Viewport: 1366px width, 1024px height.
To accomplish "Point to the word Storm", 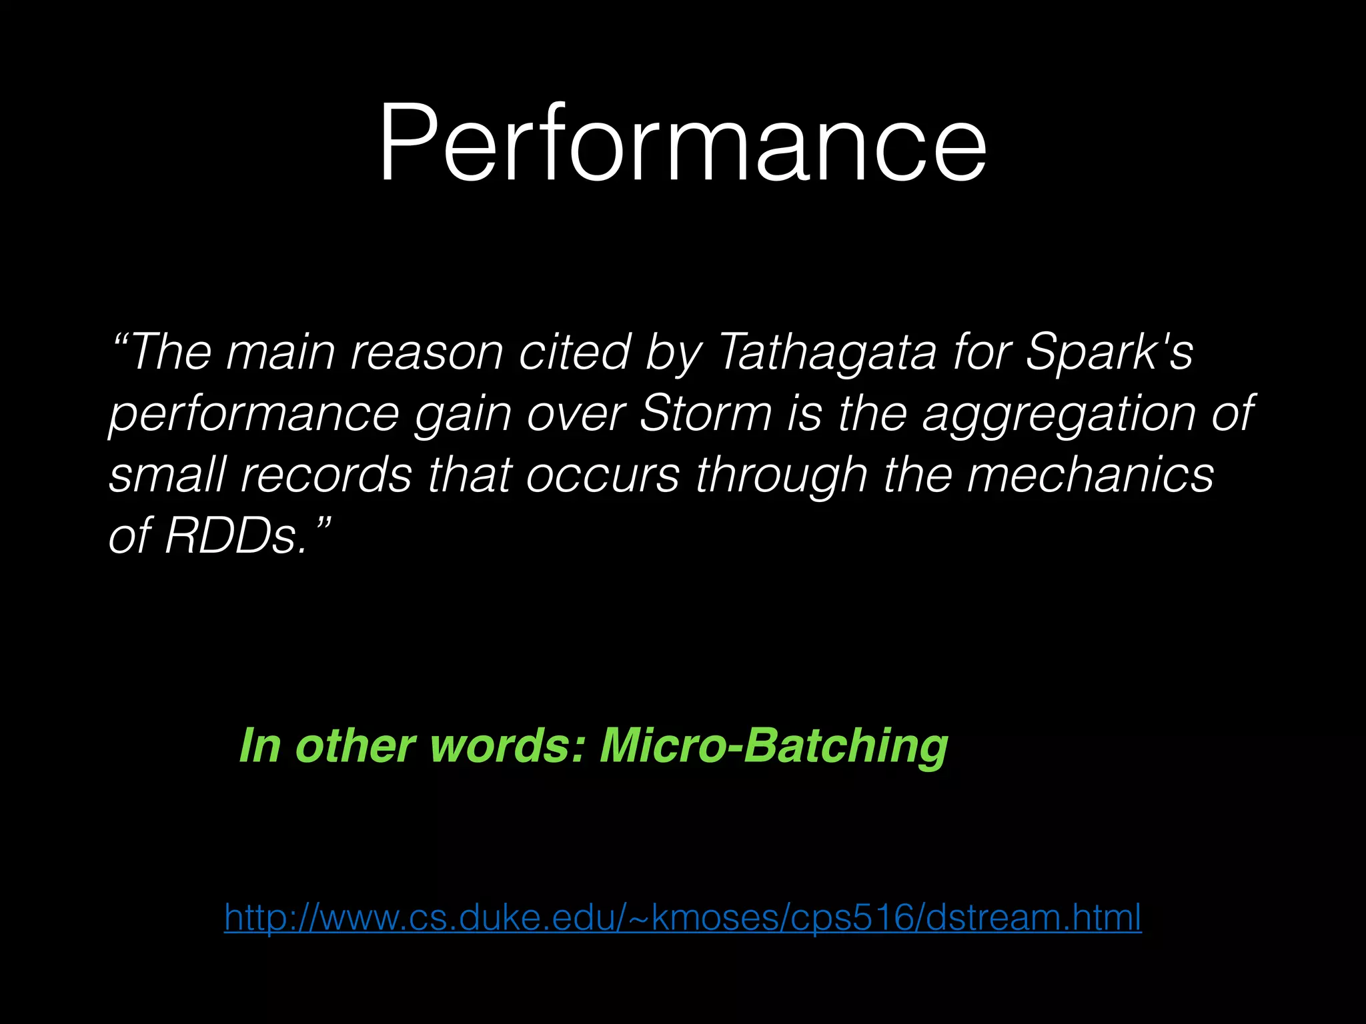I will coord(704,413).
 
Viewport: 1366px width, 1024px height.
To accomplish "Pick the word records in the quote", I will coord(326,475).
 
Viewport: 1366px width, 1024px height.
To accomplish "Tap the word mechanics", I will coord(1090,475).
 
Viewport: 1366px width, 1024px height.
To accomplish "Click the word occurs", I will coord(603,475).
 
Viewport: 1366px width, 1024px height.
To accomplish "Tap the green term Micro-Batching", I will coord(774,745).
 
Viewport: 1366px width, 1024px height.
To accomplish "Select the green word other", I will coord(356,745).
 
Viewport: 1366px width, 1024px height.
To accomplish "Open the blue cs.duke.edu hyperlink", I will coord(682,917).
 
